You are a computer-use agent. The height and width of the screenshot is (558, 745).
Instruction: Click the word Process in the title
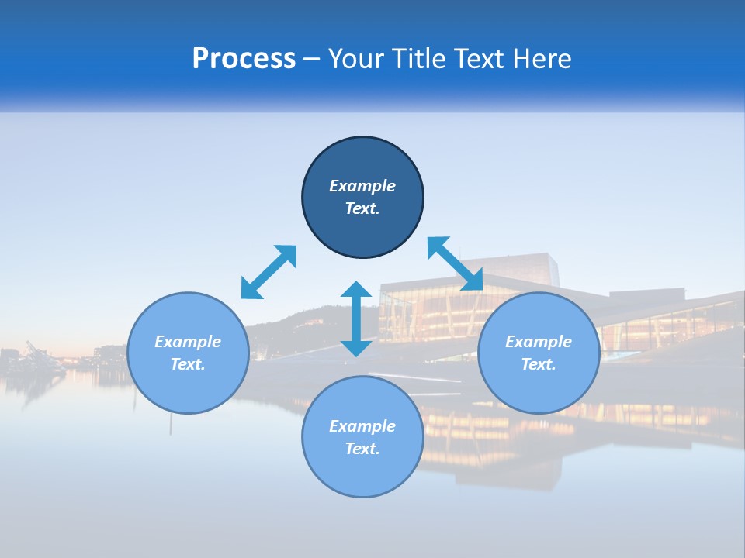point(244,59)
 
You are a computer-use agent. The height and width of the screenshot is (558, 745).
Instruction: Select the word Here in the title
point(540,59)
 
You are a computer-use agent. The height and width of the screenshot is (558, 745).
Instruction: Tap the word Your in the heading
point(355,59)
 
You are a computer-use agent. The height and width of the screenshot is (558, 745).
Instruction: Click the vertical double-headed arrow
point(356,319)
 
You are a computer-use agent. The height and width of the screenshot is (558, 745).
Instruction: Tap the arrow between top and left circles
point(269,272)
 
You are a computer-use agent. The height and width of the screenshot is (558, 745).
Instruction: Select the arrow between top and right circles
point(455,264)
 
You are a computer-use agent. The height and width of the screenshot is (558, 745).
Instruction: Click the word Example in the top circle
point(362,186)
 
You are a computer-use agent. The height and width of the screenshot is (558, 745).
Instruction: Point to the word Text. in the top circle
point(362,208)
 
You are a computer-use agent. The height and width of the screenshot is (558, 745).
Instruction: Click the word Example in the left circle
point(188,342)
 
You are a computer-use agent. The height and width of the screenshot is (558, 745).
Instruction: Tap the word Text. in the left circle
point(188,364)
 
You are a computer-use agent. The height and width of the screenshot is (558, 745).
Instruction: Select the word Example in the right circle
point(539,342)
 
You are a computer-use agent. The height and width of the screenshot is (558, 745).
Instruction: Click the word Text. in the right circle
point(539,364)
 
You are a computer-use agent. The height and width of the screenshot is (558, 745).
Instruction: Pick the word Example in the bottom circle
point(362,426)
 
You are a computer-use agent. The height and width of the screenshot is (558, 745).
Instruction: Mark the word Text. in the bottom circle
point(362,449)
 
